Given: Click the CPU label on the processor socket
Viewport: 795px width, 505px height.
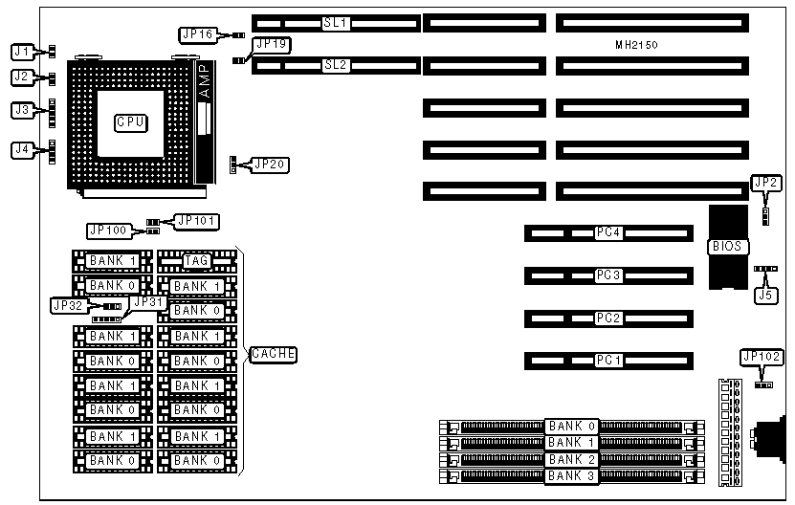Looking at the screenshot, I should pos(129,121).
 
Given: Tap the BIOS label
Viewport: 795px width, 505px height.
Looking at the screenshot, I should pos(724,247).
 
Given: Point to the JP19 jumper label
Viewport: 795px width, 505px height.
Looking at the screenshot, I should pos(271,44).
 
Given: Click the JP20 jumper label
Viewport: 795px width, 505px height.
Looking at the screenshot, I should pos(269,164).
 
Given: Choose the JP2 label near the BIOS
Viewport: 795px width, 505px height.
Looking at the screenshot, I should pos(765,183).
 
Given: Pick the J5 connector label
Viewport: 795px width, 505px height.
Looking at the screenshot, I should pos(764,296).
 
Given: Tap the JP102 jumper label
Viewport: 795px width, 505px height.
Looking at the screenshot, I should pos(762,357).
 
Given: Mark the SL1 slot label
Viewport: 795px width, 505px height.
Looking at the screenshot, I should pos(335,22).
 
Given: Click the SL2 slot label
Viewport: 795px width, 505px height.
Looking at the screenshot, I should pos(335,65).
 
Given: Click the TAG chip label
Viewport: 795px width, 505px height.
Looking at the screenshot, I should pos(197,260).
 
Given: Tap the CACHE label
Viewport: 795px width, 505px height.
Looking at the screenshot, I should pos(273,354).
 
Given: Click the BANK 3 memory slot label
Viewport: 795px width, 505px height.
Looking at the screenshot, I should pos(571,475).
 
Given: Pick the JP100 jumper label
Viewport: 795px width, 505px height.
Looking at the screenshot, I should pos(107,231).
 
